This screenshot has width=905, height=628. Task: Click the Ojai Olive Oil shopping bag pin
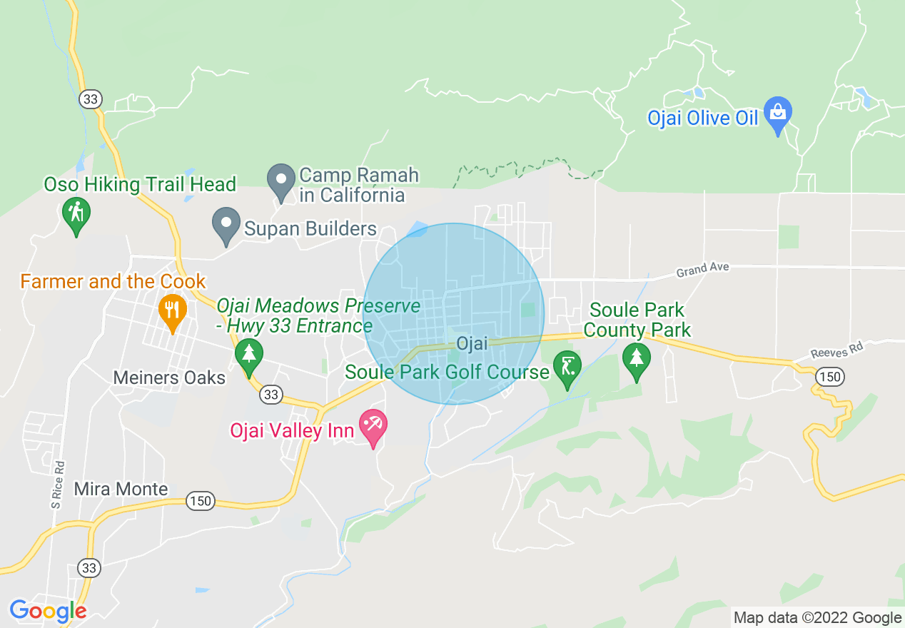(x=777, y=115)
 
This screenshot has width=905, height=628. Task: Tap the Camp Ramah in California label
(x=359, y=185)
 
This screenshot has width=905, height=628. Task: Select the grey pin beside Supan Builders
(x=226, y=225)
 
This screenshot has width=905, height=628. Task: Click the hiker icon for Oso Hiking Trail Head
(x=76, y=213)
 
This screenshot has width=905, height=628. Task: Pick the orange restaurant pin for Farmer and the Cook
(x=171, y=311)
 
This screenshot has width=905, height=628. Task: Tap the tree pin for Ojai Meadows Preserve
(x=248, y=354)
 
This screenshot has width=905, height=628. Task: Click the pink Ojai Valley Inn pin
(x=373, y=427)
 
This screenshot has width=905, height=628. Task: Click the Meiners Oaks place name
(x=169, y=378)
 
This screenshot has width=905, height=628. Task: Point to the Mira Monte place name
(x=121, y=490)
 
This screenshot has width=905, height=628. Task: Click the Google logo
(x=48, y=612)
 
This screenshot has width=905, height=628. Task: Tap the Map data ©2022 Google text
(x=818, y=618)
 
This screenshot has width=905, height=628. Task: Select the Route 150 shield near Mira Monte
(x=201, y=501)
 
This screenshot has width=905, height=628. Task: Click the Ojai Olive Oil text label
(x=702, y=118)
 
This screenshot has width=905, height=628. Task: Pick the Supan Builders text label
(x=310, y=229)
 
